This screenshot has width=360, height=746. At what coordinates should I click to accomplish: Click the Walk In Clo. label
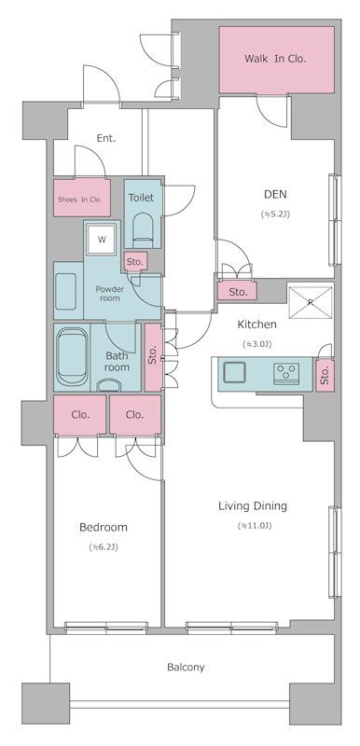pyautogui.click(x=275, y=59)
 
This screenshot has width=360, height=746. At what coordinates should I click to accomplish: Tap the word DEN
pyautogui.click(x=276, y=194)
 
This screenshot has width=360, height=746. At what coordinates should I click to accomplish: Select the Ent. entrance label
pyautogui.click(x=106, y=138)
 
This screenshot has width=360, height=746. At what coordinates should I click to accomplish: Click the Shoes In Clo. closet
pyautogui.click(x=82, y=198)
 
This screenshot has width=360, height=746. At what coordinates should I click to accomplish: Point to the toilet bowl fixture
pyautogui.click(x=143, y=228)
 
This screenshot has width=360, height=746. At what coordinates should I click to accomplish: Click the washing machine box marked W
pyautogui.click(x=102, y=240)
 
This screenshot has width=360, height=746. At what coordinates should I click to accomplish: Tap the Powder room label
pyautogui.click(x=110, y=294)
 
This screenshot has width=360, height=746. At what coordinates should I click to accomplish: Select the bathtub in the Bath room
pyautogui.click(x=72, y=357)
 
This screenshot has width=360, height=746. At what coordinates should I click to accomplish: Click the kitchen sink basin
pyautogui.click(x=234, y=372)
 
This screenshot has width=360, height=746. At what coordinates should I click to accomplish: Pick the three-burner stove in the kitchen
pyautogui.click(x=286, y=371)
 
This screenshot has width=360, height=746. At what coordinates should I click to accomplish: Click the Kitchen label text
pyautogui.click(x=256, y=325)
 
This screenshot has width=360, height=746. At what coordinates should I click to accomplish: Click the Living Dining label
pyautogui.click(x=253, y=505)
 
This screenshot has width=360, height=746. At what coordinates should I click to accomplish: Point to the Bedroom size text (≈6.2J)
pyautogui.click(x=104, y=547)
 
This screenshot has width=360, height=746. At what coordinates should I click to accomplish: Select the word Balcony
pyautogui.click(x=186, y=667)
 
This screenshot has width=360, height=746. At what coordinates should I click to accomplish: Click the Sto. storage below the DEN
pyautogui.click(x=237, y=292)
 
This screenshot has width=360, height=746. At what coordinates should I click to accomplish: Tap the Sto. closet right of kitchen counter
pyautogui.click(x=325, y=376)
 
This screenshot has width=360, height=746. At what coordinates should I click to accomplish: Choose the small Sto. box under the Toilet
pyautogui.click(x=135, y=262)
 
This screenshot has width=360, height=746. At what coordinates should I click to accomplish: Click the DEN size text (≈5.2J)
pyautogui.click(x=275, y=214)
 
